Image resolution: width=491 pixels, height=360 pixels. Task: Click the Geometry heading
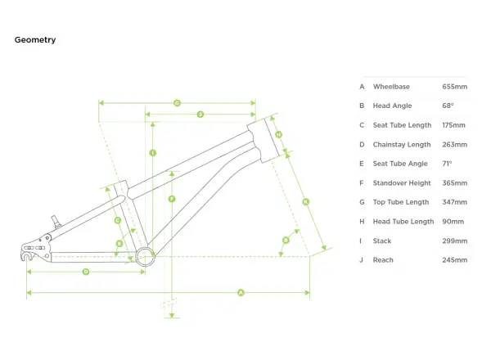pyautogui.click(x=35, y=40)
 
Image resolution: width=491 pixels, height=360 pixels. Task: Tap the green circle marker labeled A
pyautogui.click(x=241, y=293)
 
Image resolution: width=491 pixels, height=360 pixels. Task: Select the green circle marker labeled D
pyautogui.click(x=86, y=272)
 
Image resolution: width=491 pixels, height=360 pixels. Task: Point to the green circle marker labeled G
pyautogui.click(x=177, y=103)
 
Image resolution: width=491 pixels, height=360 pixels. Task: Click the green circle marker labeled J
pyautogui.click(x=200, y=115)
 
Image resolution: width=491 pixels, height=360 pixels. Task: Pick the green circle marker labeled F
pyautogui.click(x=172, y=199)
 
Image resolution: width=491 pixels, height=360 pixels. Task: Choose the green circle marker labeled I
pyautogui.click(x=153, y=153)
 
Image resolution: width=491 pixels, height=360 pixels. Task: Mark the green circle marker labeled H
pyautogui.click(x=278, y=135)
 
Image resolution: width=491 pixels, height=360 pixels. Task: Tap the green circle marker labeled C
pyautogui.click(x=118, y=221)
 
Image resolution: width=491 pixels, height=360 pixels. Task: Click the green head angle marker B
pyautogui.click(x=286, y=240)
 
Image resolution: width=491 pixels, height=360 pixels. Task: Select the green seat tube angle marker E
pyautogui.click(x=119, y=244)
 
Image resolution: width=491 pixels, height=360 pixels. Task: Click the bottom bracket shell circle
pyautogui.click(x=146, y=246)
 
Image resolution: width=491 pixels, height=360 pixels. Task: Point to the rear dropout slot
pyautogui.click(x=25, y=256)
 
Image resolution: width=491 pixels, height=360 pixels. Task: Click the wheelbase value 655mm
pyautogui.click(x=455, y=87)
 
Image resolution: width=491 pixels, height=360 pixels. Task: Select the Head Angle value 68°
pyautogui.click(x=448, y=106)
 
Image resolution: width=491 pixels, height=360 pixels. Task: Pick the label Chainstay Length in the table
pyautogui.click(x=402, y=145)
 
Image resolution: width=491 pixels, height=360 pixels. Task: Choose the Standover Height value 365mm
pyautogui.click(x=455, y=183)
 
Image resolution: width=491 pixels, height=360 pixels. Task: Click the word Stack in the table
pyautogui.click(x=382, y=241)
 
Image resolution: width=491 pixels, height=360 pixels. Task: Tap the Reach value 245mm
pyautogui.click(x=455, y=260)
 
